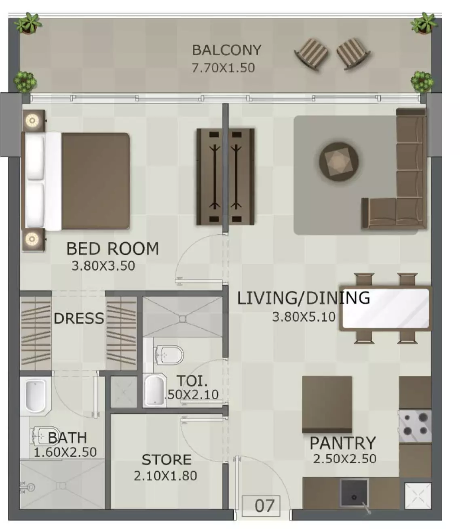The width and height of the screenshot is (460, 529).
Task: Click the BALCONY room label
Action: coord(226,50)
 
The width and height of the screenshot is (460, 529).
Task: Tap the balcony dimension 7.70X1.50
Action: coord(223,68)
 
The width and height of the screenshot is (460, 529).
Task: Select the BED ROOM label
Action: coord(112,249)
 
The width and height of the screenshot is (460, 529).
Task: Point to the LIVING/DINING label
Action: coord(304,298)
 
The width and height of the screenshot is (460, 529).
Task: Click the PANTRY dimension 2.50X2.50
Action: coord(344,459)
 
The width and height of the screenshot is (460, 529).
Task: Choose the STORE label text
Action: coord(167,460)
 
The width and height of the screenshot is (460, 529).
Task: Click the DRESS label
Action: coord(79,318)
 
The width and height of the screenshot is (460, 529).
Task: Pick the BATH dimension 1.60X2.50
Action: coord(65,452)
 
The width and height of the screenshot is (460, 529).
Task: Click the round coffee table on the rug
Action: coord(338,162)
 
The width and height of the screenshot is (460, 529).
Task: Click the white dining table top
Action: coord(386,308)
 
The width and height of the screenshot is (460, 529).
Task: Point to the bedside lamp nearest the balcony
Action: coord(32,120)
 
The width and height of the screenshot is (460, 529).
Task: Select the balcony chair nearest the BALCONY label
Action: coord(311,54)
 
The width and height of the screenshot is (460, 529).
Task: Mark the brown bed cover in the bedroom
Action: coord(95,181)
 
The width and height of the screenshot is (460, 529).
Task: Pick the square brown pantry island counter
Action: coord(327,405)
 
